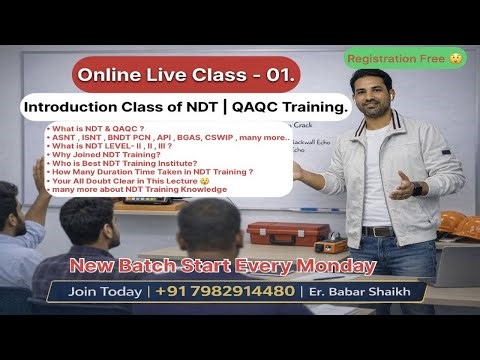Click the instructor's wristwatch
point(417,187)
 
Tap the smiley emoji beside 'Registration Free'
point(455,58)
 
